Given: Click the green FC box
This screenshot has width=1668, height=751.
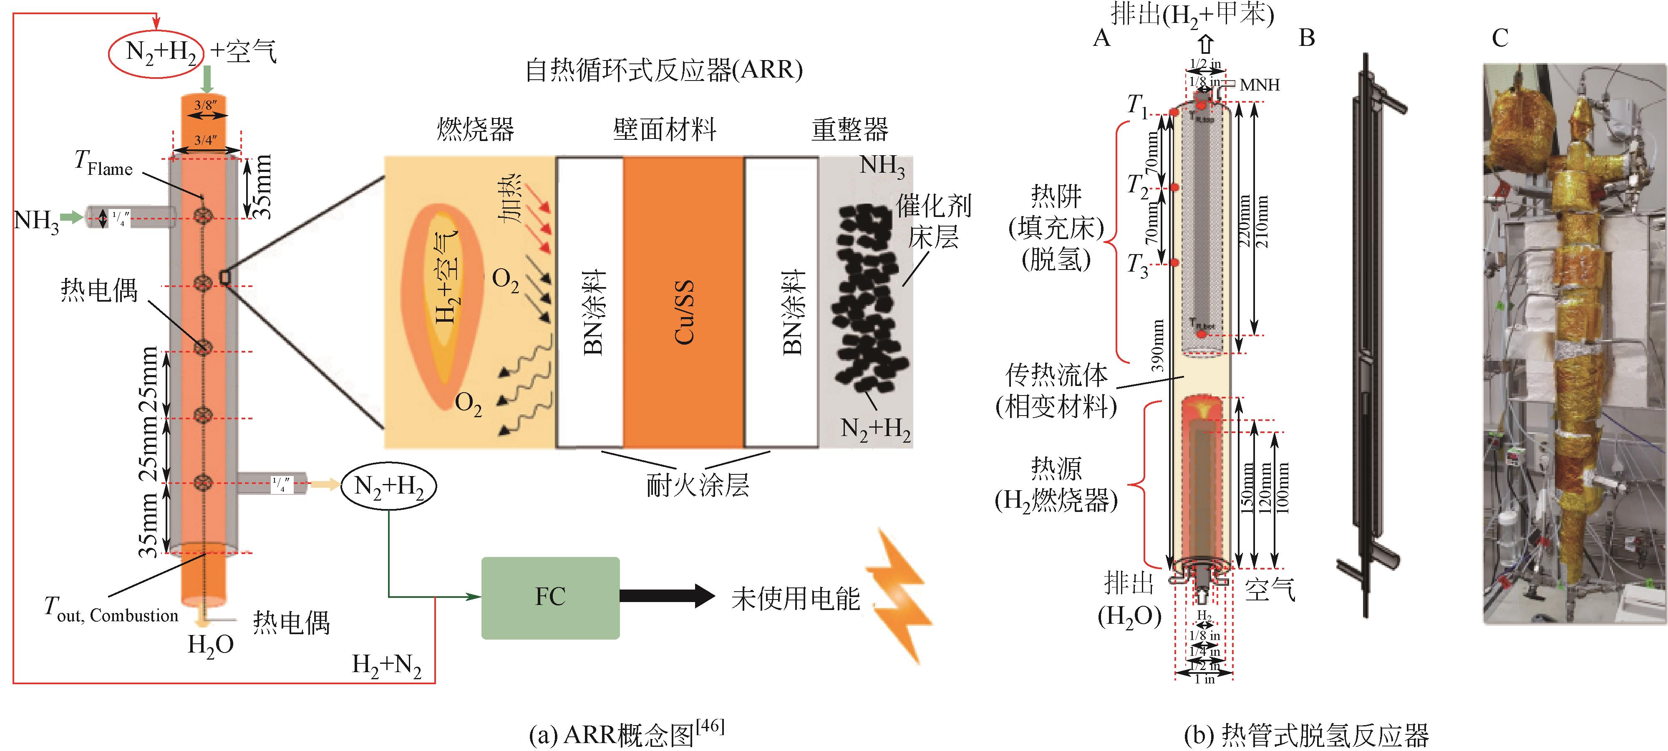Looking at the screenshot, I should [x=550, y=597].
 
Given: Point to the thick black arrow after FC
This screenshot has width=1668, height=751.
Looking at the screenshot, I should [x=667, y=596].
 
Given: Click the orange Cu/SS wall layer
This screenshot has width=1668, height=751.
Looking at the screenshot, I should [x=683, y=302].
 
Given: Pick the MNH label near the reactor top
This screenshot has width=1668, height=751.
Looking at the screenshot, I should [x=1260, y=85].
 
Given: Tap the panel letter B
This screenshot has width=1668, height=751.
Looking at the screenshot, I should [x=1307, y=38].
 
